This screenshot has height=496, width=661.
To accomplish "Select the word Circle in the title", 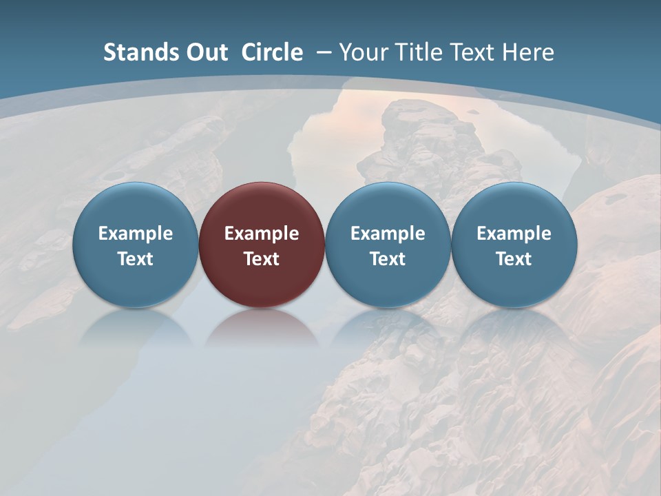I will tap(272, 52).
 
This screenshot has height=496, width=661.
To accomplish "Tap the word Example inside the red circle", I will tap(262, 234).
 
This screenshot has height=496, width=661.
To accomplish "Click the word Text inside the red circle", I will tap(262, 259).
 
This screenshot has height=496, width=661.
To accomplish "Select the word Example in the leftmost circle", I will tap(136, 234).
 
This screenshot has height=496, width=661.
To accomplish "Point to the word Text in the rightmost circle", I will tap(514, 259).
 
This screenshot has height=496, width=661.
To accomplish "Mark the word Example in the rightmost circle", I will tap(514, 234).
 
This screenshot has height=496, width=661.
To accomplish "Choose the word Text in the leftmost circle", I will tap(136, 259).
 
